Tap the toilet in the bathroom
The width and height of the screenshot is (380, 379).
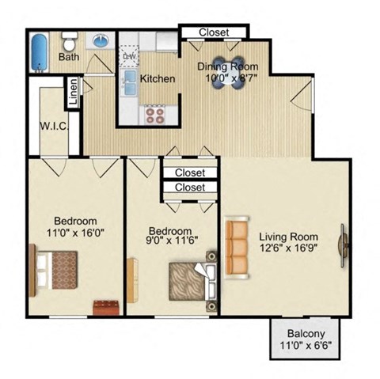point(68,39)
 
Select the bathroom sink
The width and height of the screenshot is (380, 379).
point(101,40)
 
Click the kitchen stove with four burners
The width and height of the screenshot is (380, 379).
point(152,116)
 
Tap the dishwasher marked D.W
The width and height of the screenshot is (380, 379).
point(129,57)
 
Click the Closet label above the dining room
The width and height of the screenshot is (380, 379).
point(212,32)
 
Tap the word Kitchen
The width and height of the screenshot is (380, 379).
point(158,79)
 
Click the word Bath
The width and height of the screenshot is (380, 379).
point(69,57)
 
